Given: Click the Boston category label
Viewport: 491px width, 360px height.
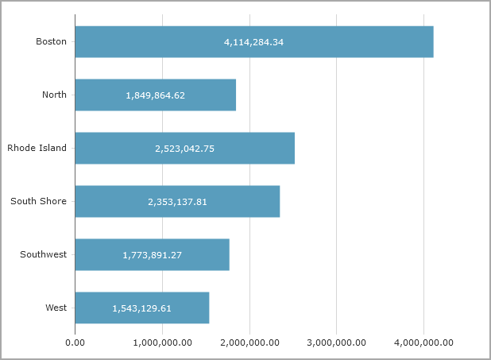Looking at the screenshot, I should coord(52,41).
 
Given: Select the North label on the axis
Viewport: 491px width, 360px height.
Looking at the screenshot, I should coord(54,95).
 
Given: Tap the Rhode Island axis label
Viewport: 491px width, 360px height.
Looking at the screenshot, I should coord(37,148).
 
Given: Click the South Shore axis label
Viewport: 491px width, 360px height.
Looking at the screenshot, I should coord(39,201).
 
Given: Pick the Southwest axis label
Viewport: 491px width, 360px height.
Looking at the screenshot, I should coord(44,254).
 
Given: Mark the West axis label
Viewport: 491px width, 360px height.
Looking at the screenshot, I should coord(56,308).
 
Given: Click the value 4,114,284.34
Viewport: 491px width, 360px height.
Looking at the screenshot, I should coord(253,42).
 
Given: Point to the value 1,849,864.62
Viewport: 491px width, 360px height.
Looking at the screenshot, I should coord(155,95).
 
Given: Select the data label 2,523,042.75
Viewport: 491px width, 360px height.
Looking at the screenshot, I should coord(184,149).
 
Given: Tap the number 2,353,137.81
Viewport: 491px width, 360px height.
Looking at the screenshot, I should coord(177,202).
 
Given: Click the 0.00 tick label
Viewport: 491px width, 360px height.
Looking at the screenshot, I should coord(75,343).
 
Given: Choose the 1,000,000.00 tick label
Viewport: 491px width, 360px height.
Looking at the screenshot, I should coord(162,343).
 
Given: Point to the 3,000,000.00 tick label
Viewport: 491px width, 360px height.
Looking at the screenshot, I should coord(336,343).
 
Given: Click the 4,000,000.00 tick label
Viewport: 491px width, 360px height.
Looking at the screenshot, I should coord(423,343).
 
